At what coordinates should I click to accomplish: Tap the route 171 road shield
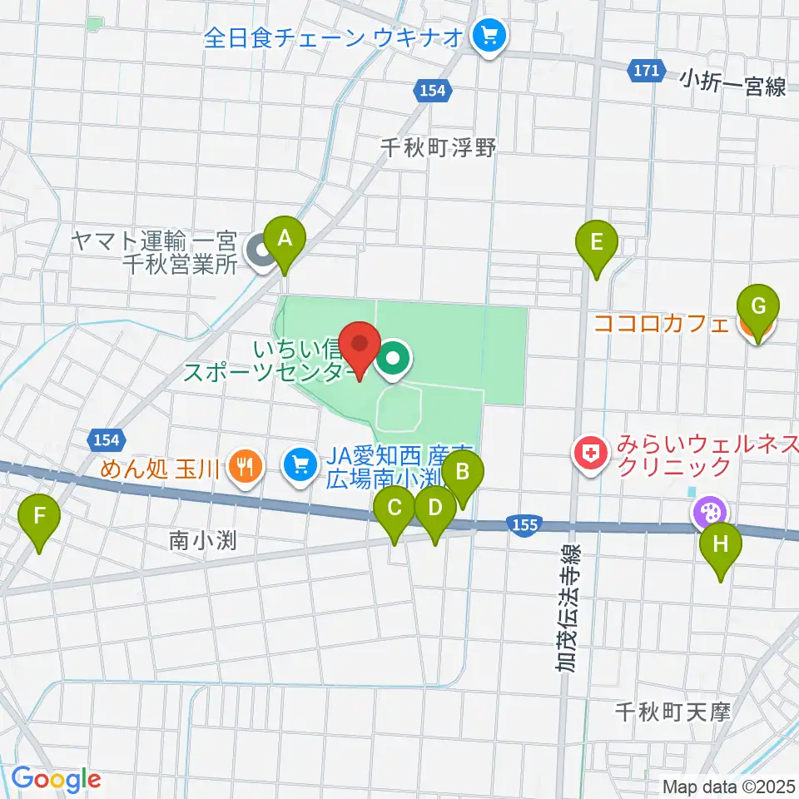tap(648, 72)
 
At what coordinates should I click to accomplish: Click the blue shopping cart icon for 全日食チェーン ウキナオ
tap(487, 36)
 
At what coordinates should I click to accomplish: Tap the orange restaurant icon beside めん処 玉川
tap(244, 465)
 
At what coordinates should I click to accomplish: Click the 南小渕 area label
tap(203, 541)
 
